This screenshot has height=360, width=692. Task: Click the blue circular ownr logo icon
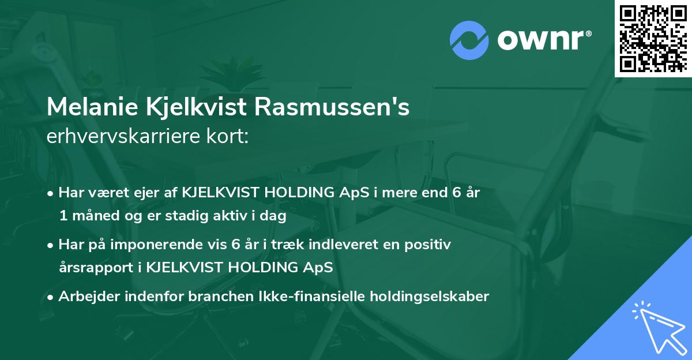469,40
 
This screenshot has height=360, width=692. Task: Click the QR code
653,38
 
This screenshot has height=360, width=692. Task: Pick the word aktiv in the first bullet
220,217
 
